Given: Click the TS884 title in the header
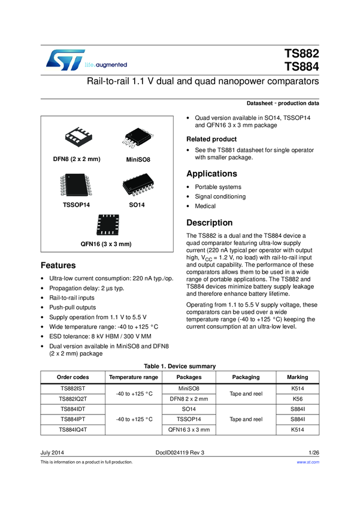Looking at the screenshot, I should point(302,66).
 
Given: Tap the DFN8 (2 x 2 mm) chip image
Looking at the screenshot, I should point(76,138).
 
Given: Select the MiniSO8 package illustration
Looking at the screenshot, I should point(137,138).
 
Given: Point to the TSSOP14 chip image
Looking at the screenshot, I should point(75,184).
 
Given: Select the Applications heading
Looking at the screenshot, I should point(211,174).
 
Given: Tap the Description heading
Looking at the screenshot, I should point(210,223).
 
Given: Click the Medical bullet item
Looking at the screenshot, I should point(205,207).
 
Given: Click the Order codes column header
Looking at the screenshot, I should point(72,377).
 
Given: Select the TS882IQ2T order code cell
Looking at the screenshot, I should point(72,398).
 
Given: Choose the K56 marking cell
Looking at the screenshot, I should point(298,398).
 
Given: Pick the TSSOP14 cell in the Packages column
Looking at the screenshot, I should point(189,419).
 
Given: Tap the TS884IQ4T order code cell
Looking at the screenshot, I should point(72,429).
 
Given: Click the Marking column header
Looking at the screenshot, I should point(298,377).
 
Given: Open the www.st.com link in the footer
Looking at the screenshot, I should point(308,462).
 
